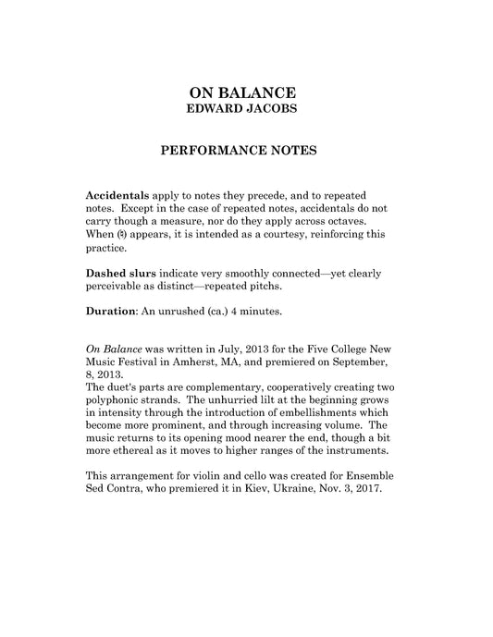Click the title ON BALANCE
[242, 92]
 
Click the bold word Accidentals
[117, 197]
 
